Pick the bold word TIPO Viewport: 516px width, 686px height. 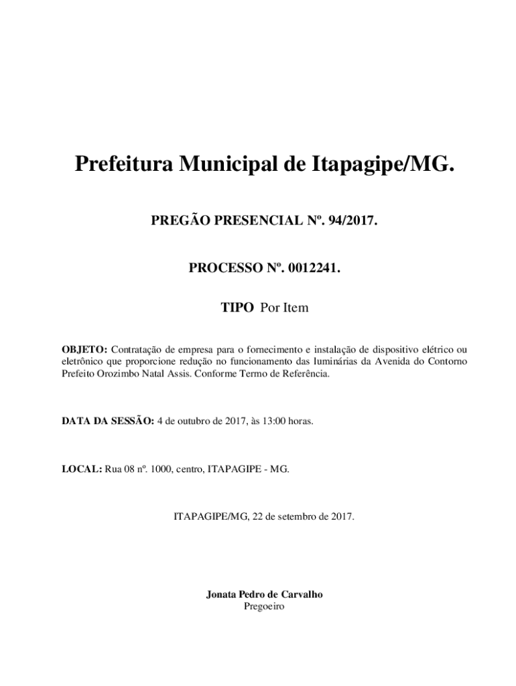tap(237, 308)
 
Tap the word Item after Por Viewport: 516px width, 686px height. tap(295, 308)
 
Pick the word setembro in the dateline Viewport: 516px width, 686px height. tap(300, 517)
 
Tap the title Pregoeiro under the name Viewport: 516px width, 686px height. tap(265, 606)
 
